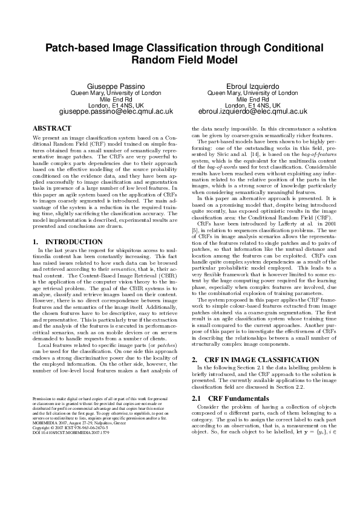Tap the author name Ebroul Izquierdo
[252, 86]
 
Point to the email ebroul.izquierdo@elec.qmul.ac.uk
[252, 111]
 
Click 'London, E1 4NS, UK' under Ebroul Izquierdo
[252, 105]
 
